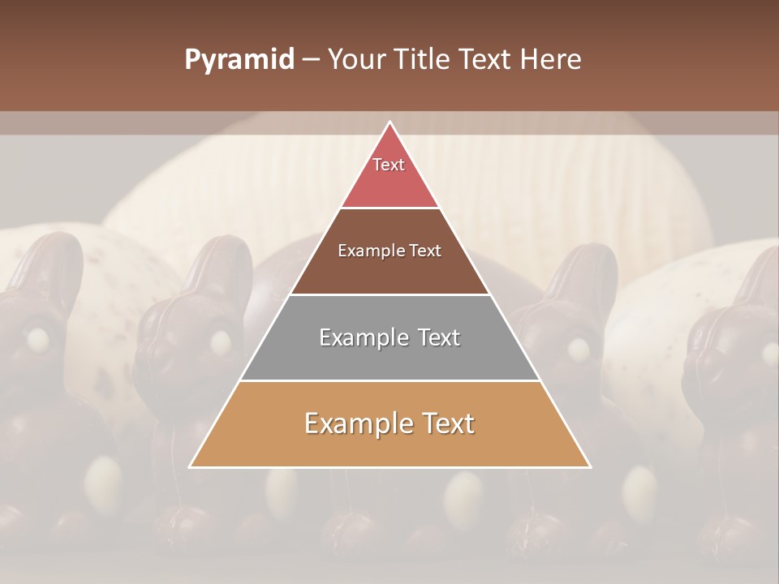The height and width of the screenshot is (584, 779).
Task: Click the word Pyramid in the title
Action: click(239, 60)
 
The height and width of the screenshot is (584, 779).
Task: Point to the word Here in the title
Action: click(553, 60)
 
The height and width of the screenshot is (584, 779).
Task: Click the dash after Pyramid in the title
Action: click(311, 61)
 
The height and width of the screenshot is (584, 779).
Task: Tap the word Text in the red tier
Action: click(389, 165)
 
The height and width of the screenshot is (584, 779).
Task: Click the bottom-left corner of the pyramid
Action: click(191, 467)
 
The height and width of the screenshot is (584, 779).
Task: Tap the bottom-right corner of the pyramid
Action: click(590, 467)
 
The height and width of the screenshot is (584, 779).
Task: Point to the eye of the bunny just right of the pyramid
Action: click(578, 350)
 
